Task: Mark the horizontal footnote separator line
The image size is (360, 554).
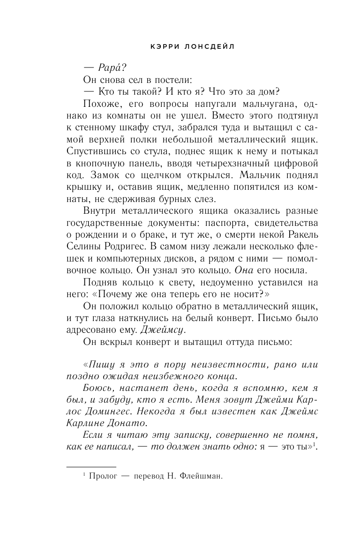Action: tap(90, 467)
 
